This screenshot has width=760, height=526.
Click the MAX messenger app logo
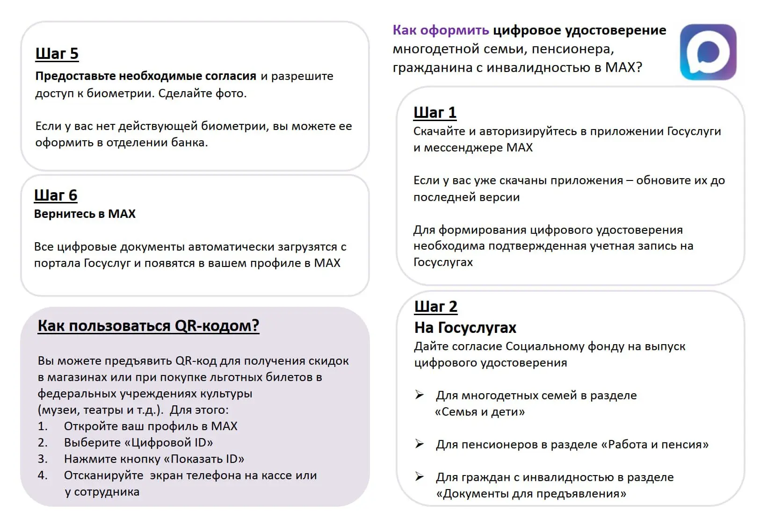[x=708, y=52]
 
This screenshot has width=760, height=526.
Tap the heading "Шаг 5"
[x=57, y=54]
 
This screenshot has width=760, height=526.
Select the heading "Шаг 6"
[x=56, y=195]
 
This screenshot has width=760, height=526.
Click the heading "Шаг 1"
[x=434, y=113]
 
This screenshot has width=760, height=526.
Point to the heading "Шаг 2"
[x=435, y=307]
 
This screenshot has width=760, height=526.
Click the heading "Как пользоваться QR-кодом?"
[x=148, y=326]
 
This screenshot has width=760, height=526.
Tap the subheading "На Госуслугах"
[x=465, y=328]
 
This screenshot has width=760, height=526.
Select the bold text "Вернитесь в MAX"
[x=85, y=214]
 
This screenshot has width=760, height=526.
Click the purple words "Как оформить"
[x=441, y=30]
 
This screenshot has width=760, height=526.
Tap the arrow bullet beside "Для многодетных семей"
[x=420, y=395]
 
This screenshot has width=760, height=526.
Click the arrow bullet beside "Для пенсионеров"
[x=420, y=444]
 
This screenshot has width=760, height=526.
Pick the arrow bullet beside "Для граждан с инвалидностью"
[x=420, y=477]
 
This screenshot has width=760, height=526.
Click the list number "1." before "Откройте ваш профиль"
[x=43, y=426]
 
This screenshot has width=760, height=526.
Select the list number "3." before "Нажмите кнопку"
[x=43, y=459]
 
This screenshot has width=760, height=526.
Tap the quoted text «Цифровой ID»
[x=169, y=443]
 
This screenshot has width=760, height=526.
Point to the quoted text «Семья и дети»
[x=480, y=412]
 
